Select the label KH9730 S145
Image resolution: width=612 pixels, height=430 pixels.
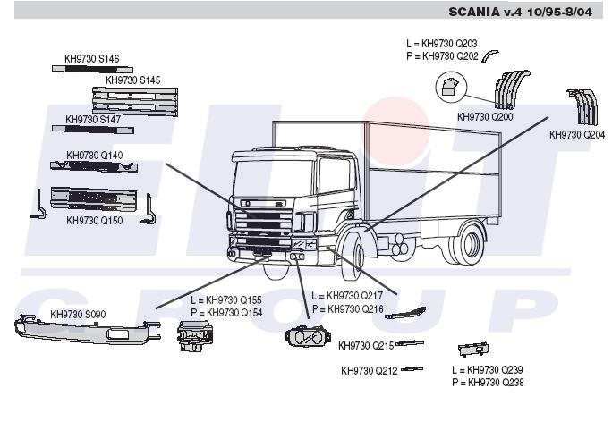[133, 80]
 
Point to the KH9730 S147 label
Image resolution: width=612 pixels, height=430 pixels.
[93, 119]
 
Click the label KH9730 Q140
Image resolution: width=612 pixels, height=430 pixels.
[95, 155]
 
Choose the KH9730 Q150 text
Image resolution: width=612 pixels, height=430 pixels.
[95, 219]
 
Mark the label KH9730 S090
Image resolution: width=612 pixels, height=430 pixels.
[78, 314]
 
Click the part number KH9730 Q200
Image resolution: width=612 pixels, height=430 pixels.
[485, 117]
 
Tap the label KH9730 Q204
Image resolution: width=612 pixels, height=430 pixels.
[577, 135]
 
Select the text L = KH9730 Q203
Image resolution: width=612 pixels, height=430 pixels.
[441, 43]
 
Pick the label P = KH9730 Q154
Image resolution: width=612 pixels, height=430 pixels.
[226, 313]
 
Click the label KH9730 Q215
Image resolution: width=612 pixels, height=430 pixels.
[366, 345]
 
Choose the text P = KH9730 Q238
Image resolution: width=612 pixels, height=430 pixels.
[488, 383]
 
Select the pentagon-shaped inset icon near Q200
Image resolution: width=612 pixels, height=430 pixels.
[448, 87]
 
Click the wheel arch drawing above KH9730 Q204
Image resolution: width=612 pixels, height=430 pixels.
[582, 106]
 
